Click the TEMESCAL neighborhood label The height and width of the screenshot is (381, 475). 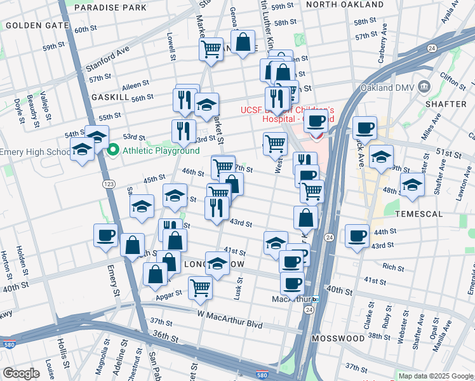pyautogui.click(x=418, y=214)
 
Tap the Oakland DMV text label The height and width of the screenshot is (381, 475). pyautogui.click(x=389, y=87)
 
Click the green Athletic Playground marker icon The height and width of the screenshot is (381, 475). pyautogui.click(x=114, y=150)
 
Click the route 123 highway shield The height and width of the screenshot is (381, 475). pyautogui.click(x=109, y=184)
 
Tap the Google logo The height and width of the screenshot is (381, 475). pyautogui.click(x=21, y=373)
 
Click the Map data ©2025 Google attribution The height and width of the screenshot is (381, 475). pyautogui.click(x=436, y=376)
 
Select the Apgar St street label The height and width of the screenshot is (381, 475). pyautogui.click(x=169, y=293)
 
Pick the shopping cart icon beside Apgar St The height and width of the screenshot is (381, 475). pyautogui.click(x=201, y=287)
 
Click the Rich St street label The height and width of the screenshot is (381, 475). pyautogui.click(x=393, y=267)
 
